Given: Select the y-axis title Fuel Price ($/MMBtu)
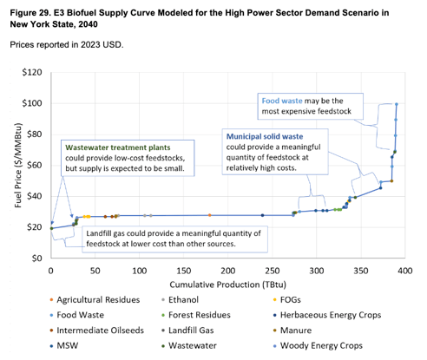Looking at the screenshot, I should point(10,166).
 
